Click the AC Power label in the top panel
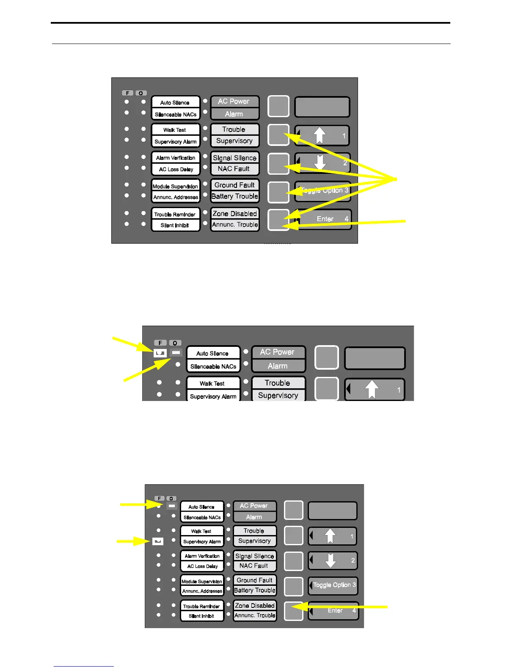[234, 102]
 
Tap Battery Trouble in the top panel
[234, 196]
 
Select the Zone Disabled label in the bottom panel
[255, 606]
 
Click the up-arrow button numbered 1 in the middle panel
[375, 390]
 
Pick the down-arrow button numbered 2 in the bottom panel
[333, 561]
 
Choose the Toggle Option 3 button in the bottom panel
[333, 585]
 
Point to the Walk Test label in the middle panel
[212, 384]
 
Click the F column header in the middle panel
[160, 343]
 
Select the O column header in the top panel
[141, 93]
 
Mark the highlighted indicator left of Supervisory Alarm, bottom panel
[158, 541]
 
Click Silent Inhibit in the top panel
[175, 225]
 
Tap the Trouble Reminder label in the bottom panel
[201, 606]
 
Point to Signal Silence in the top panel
[234, 158]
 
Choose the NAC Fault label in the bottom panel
[254, 566]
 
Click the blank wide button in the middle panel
[375, 359]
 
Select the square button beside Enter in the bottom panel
[293, 611]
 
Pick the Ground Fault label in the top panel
[234, 185]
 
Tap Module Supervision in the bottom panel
[202, 581]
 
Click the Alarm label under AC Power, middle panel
[278, 366]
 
